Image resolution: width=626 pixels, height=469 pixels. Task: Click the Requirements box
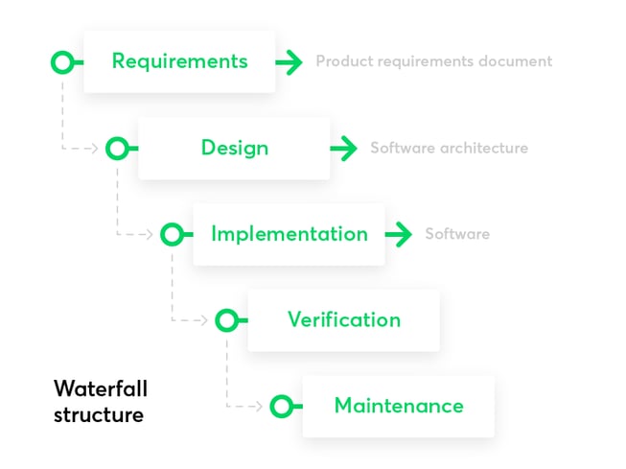tap(179, 61)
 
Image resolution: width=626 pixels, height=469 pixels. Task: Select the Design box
tap(234, 148)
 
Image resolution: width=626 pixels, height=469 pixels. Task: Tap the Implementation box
tap(289, 234)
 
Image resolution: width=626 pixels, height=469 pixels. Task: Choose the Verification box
tap(343, 319)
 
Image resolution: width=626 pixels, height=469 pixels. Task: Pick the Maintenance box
tap(398, 406)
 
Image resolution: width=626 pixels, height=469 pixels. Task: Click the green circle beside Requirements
tap(62, 62)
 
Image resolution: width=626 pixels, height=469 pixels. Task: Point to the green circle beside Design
tap(117, 149)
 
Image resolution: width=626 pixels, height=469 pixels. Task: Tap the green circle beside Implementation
tap(172, 234)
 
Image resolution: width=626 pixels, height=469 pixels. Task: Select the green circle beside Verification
tap(226, 320)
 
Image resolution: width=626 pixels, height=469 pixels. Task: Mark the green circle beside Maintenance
tap(281, 407)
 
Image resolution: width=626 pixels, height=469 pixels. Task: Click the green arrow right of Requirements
tap(290, 62)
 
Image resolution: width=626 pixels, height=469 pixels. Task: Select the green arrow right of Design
tap(344, 149)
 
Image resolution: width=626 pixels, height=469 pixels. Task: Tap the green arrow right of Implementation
tap(399, 234)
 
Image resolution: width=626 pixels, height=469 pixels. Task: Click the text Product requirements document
tap(434, 61)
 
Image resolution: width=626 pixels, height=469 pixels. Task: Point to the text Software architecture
tap(449, 148)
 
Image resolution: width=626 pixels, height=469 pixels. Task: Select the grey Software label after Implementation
tap(457, 234)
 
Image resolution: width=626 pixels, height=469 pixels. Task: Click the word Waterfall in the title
tap(101, 388)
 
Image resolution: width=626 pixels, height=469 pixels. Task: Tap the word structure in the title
tap(99, 414)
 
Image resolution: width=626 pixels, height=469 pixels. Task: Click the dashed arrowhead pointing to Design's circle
tap(95, 149)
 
